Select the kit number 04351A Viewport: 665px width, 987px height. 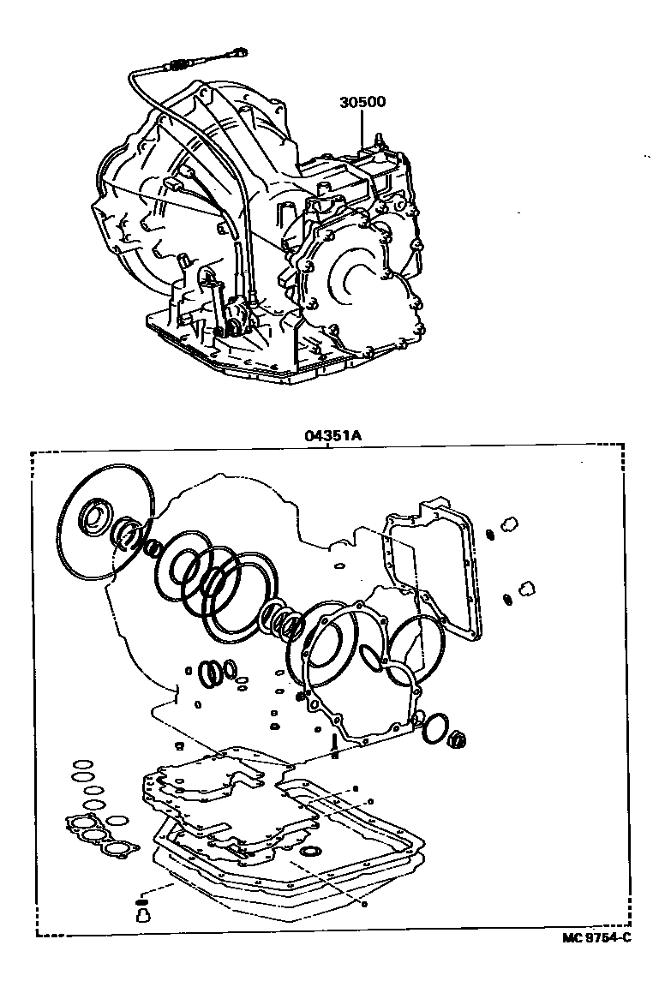click(331, 435)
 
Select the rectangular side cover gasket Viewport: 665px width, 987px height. click(433, 570)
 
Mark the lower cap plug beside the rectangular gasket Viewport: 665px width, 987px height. click(524, 587)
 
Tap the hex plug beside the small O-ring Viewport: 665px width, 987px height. click(458, 736)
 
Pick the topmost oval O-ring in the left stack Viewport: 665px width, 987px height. click(82, 763)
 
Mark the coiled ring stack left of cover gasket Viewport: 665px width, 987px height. click(283, 619)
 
